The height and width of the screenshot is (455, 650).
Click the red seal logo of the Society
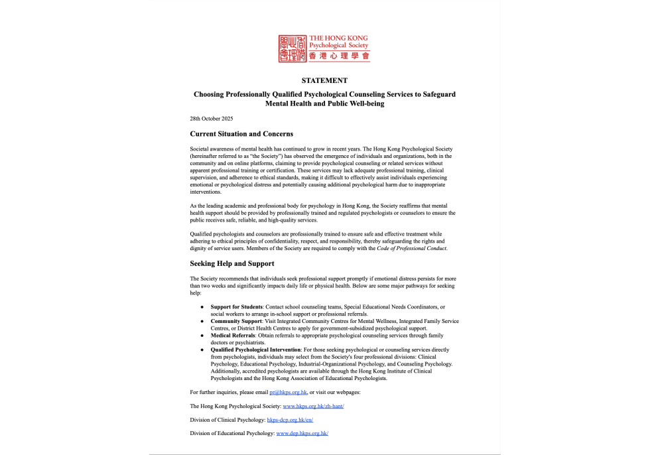click(293, 49)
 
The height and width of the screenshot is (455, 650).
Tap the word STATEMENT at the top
click(324, 80)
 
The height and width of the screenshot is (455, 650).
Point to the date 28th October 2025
click(212, 119)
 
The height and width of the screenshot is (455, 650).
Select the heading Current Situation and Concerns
click(241, 134)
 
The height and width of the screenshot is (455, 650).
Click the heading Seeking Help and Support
click(231, 263)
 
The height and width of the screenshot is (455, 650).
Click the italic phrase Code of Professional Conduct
click(415, 249)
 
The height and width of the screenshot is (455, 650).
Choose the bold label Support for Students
click(237, 307)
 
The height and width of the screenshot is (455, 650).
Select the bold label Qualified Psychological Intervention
click(255, 349)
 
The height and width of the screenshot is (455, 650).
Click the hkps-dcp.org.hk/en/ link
click(290, 420)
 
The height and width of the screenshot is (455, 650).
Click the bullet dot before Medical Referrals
click(202, 336)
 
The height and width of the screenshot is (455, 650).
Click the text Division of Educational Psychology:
click(231, 433)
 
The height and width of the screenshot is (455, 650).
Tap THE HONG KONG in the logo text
click(339, 38)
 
